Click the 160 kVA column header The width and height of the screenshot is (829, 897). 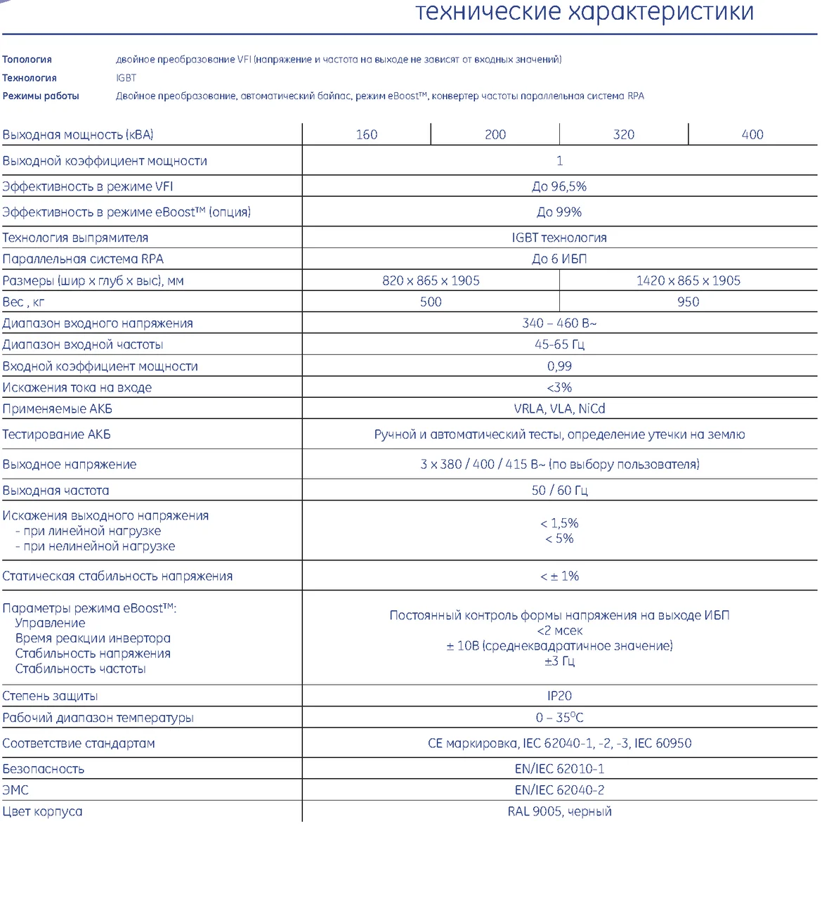tap(366, 134)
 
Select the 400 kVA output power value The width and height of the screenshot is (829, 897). tap(752, 134)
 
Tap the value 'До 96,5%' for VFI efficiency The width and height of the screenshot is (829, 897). tap(559, 186)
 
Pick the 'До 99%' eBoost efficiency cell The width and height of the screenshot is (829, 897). tap(559, 212)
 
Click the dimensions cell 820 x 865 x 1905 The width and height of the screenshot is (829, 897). tap(431, 280)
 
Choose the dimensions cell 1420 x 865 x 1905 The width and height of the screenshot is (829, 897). tap(688, 280)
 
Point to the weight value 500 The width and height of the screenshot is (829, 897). tap(431, 302)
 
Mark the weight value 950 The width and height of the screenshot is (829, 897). tap(688, 302)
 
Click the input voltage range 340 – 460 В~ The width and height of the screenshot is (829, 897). tap(559, 323)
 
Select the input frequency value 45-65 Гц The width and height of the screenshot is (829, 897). tap(559, 344)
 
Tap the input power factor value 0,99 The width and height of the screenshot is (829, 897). tap(559, 366)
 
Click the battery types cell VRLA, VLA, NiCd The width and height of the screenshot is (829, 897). tap(559, 408)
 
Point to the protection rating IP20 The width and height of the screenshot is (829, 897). tap(559, 695)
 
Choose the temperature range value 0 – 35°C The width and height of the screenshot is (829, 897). tap(559, 717)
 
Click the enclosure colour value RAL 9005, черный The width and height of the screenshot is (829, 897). tap(559, 811)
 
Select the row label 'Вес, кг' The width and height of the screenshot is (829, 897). tap(23, 302)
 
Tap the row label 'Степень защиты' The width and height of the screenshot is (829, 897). tap(50, 696)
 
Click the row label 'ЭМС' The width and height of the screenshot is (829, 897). tap(15, 790)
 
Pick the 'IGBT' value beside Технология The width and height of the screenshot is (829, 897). tap(126, 78)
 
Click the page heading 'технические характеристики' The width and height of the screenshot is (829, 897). tap(585, 12)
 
